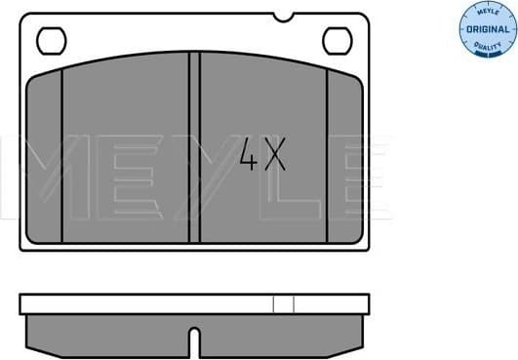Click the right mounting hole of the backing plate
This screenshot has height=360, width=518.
coord(336,41)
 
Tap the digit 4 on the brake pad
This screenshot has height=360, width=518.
coord(251,155)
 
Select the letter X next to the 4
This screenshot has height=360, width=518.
coord(275,155)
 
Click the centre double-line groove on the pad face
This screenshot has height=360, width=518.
coord(194,146)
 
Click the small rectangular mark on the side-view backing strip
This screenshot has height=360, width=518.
coord(283,303)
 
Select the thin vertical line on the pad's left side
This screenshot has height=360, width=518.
coord(61,156)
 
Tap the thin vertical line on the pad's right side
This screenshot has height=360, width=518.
coord(329,156)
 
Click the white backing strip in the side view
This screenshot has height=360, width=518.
coord(146,303)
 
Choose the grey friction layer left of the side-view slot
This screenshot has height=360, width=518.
coord(107,335)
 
